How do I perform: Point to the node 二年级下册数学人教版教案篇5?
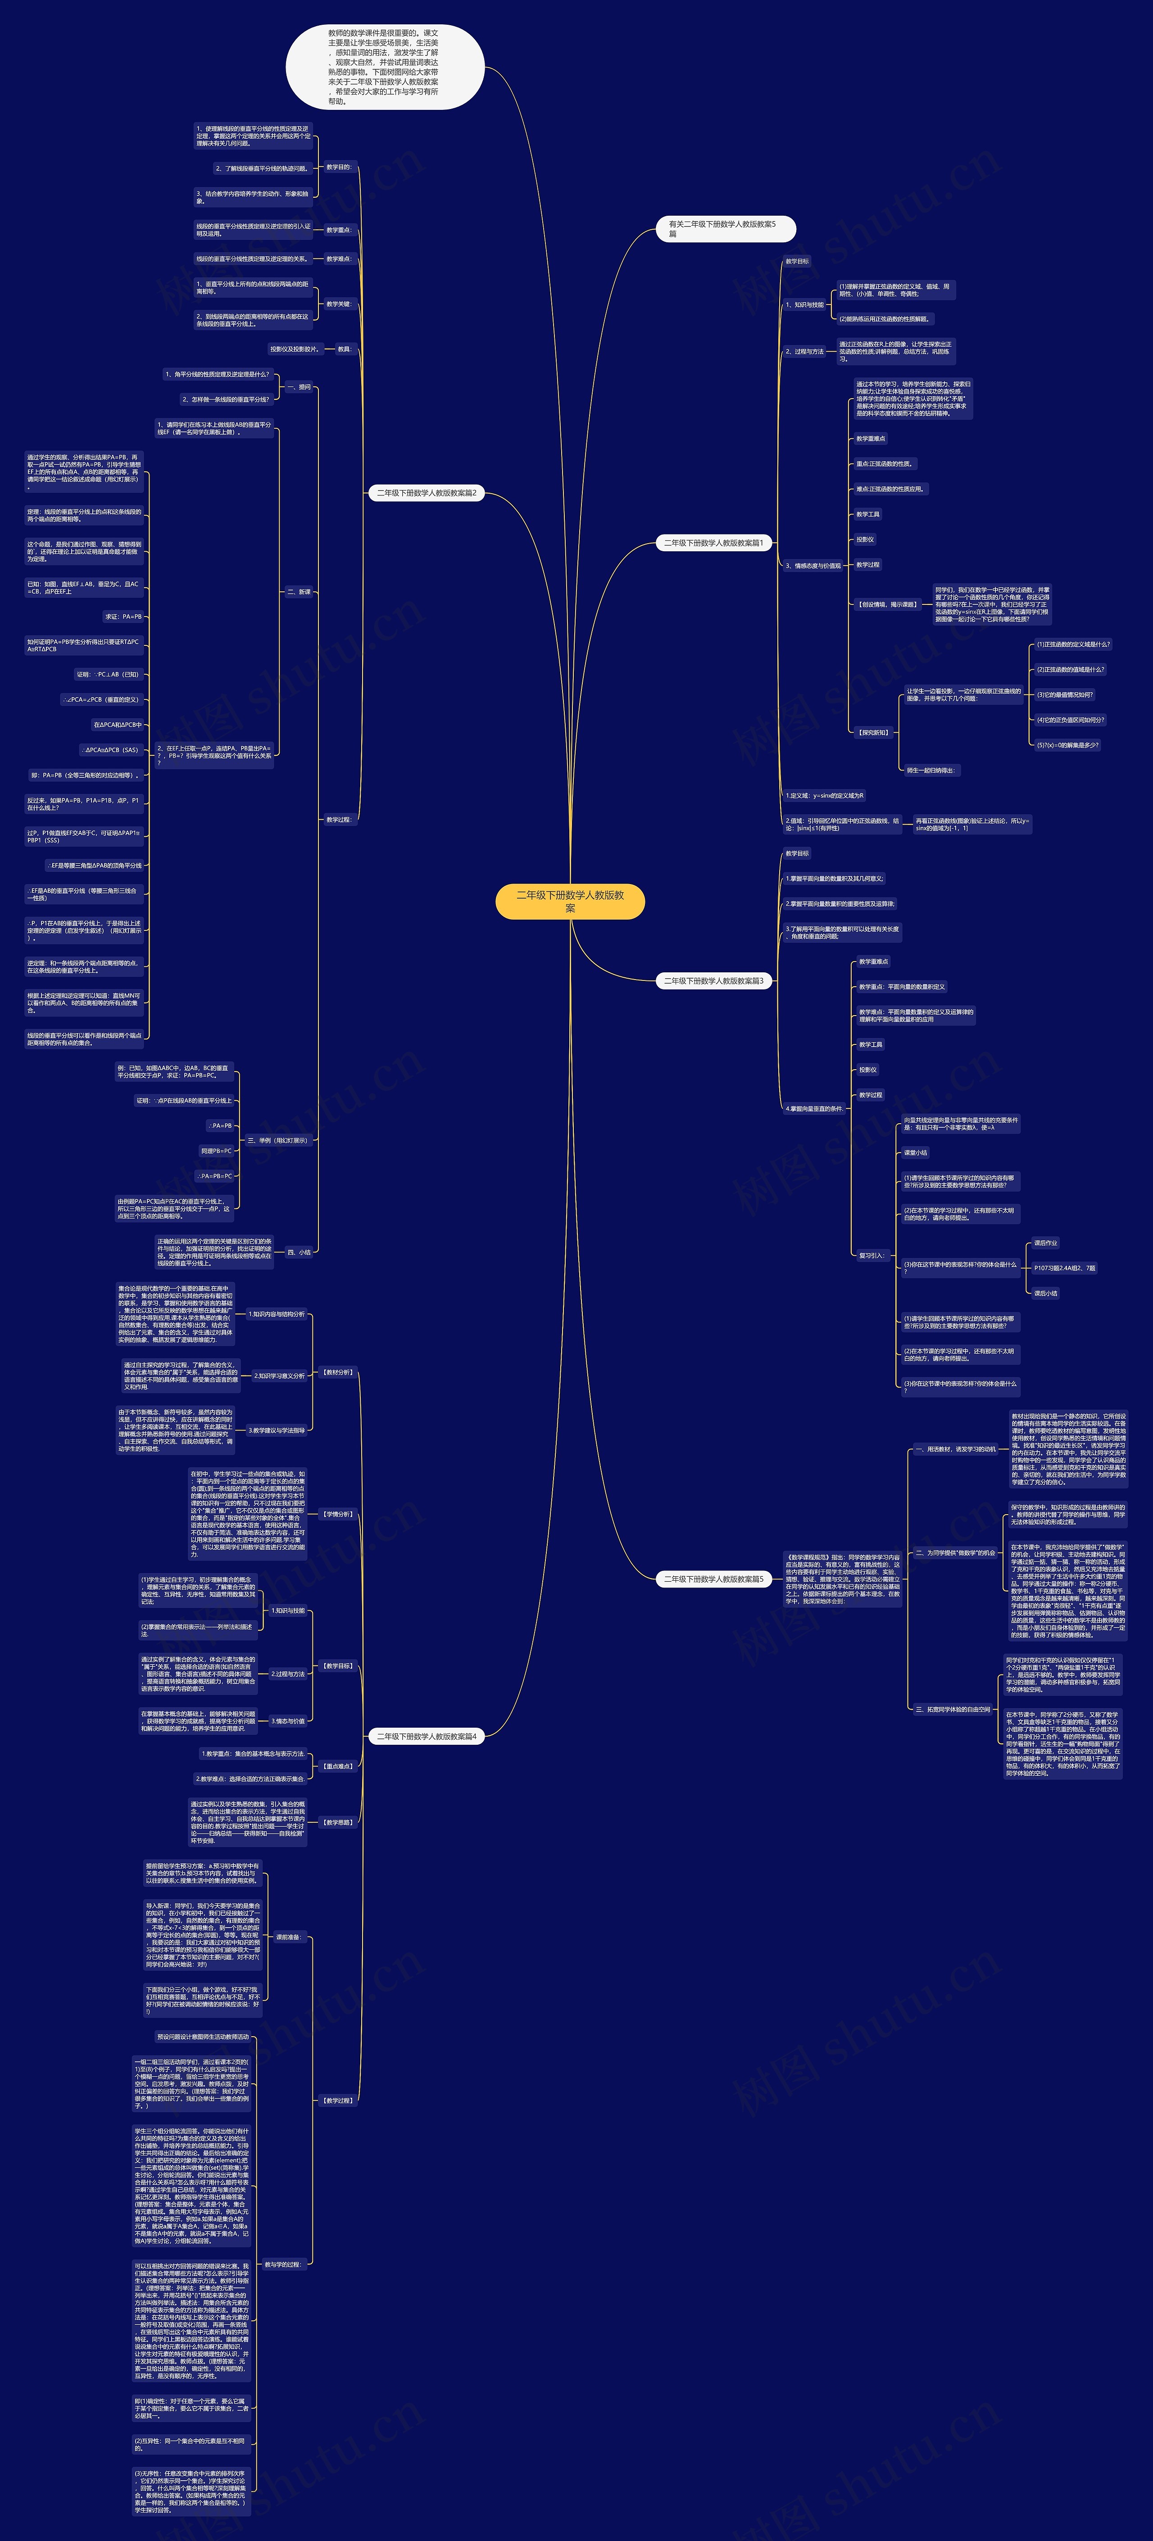713,1579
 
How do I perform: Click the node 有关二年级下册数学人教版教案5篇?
725,229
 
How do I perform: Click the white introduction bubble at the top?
385,67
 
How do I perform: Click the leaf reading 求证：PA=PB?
124,617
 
